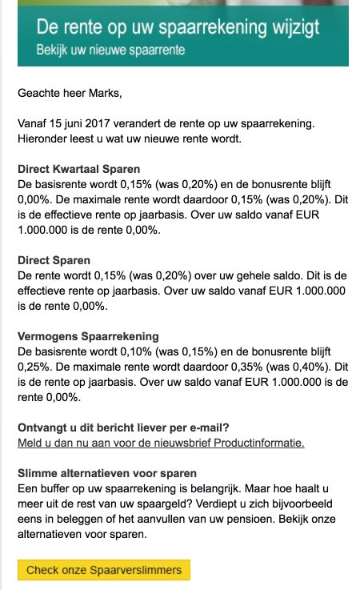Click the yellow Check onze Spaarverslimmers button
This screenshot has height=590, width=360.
pyautogui.click(x=104, y=570)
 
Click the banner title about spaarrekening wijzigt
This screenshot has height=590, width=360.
pyautogui.click(x=178, y=29)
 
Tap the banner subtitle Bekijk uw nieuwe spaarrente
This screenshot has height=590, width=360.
pyautogui.click(x=110, y=50)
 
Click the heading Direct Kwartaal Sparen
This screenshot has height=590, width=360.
pyautogui.click(x=78, y=170)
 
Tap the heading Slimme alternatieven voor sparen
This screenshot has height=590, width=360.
pyautogui.click(x=107, y=473)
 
